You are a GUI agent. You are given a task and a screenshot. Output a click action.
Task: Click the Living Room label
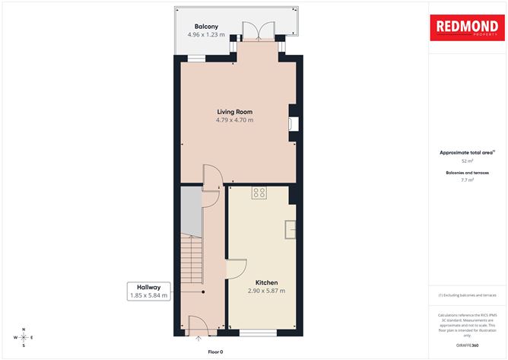(x=234, y=111)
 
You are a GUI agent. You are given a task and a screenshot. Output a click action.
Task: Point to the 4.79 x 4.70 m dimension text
(x=234, y=119)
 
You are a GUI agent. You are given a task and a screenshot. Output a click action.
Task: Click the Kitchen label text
(x=266, y=282)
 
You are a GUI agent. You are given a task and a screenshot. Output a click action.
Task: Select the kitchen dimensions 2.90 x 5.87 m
(x=266, y=291)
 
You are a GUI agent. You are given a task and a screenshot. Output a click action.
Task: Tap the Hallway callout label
(x=149, y=286)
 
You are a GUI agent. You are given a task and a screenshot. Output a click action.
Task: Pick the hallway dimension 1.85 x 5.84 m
(x=149, y=295)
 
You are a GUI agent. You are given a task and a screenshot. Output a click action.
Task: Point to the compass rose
(x=24, y=336)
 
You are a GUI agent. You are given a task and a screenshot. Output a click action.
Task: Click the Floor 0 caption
(x=216, y=352)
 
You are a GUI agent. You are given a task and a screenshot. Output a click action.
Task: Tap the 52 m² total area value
(x=467, y=161)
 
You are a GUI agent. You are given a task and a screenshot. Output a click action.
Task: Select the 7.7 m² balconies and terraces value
(x=467, y=180)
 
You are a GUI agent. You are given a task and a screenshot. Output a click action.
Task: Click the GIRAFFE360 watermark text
(x=467, y=345)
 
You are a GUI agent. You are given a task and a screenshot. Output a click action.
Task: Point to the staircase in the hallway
(x=192, y=259)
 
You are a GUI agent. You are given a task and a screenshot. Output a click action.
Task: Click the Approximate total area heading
(x=466, y=152)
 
